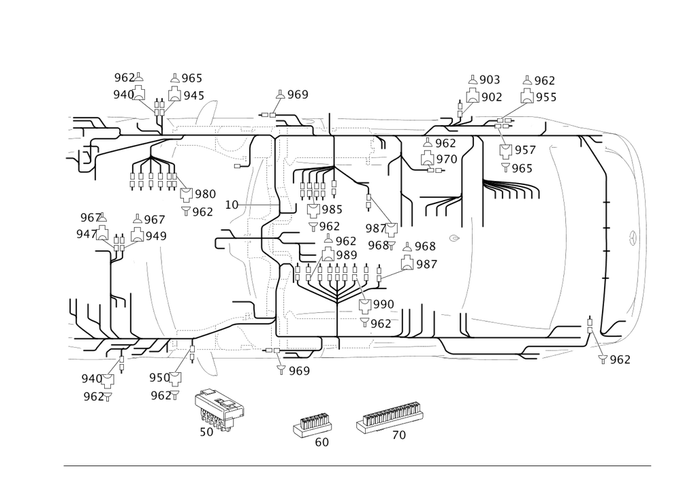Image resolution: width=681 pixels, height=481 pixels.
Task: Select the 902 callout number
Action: coord(492,97)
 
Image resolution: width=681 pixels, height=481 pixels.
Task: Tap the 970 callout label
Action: coord(447,159)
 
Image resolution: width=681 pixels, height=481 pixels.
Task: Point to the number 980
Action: coord(205,195)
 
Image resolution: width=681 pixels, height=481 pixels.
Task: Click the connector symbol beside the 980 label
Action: coord(185,196)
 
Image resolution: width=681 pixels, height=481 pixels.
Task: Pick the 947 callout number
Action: coord(86,233)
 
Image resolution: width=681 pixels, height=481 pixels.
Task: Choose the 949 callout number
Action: coord(156,235)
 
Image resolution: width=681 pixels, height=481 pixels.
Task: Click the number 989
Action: coord(347,254)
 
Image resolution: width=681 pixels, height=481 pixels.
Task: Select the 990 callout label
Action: coord(383,303)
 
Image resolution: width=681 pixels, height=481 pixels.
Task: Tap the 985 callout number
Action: coord(331,209)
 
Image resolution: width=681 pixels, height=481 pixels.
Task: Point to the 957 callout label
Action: coord(525,150)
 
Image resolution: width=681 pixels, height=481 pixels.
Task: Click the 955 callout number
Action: coord(546,97)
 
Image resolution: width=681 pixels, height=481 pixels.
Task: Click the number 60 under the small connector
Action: coord(321,442)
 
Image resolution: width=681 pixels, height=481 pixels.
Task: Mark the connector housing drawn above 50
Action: coord(220,407)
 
